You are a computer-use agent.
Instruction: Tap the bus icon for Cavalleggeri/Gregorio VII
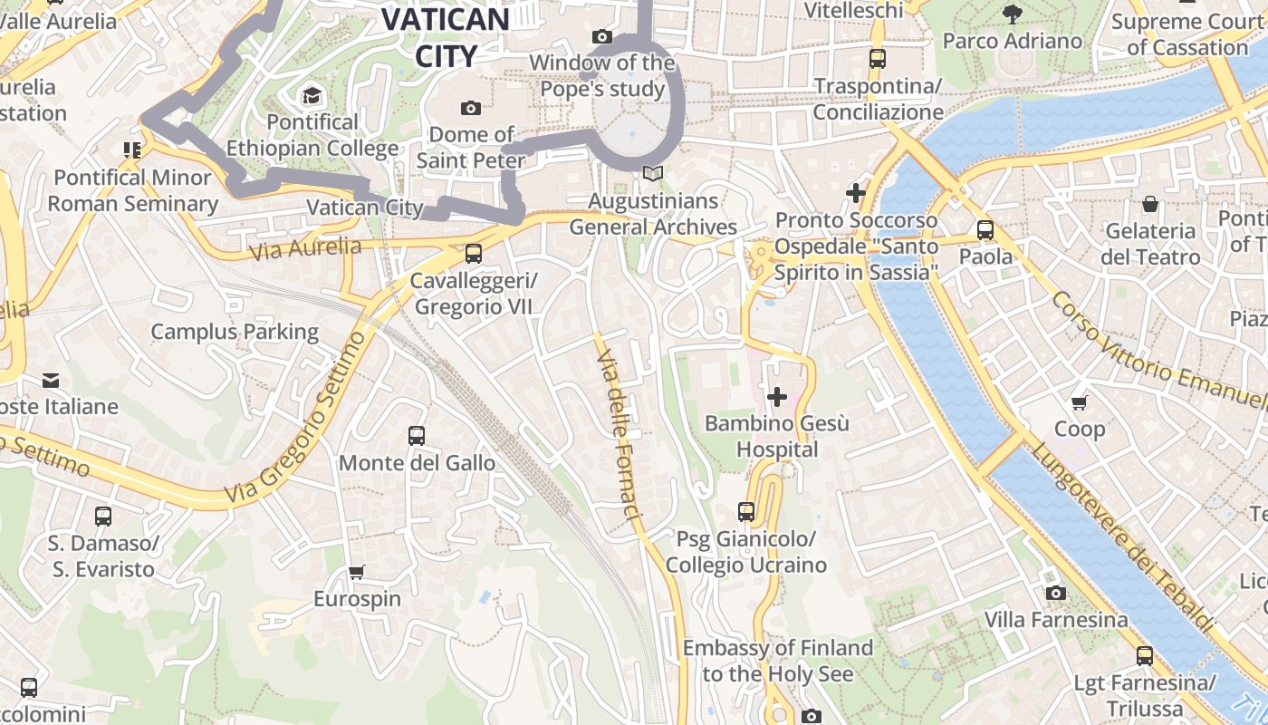click(473, 254)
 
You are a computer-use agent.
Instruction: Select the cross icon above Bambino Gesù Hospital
click(776, 396)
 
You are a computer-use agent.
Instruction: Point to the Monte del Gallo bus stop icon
click(416, 436)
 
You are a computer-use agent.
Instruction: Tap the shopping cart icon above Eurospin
click(356, 572)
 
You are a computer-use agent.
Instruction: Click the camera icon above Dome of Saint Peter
click(470, 109)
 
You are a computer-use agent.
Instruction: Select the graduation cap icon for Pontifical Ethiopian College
click(312, 95)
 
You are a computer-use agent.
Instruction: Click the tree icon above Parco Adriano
click(1012, 14)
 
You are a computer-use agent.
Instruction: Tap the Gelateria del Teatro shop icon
click(1149, 204)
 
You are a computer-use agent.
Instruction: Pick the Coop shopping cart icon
click(1079, 401)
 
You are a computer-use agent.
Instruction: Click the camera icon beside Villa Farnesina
click(1055, 593)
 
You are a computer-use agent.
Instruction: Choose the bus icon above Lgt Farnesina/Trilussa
click(1145, 655)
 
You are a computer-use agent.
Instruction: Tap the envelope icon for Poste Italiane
click(50, 380)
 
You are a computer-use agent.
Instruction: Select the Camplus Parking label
click(235, 332)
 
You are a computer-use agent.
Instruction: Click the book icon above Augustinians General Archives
click(652, 173)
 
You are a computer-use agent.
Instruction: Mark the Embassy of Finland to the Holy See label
click(778, 661)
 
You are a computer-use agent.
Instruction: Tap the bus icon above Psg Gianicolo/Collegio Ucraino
click(745, 512)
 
